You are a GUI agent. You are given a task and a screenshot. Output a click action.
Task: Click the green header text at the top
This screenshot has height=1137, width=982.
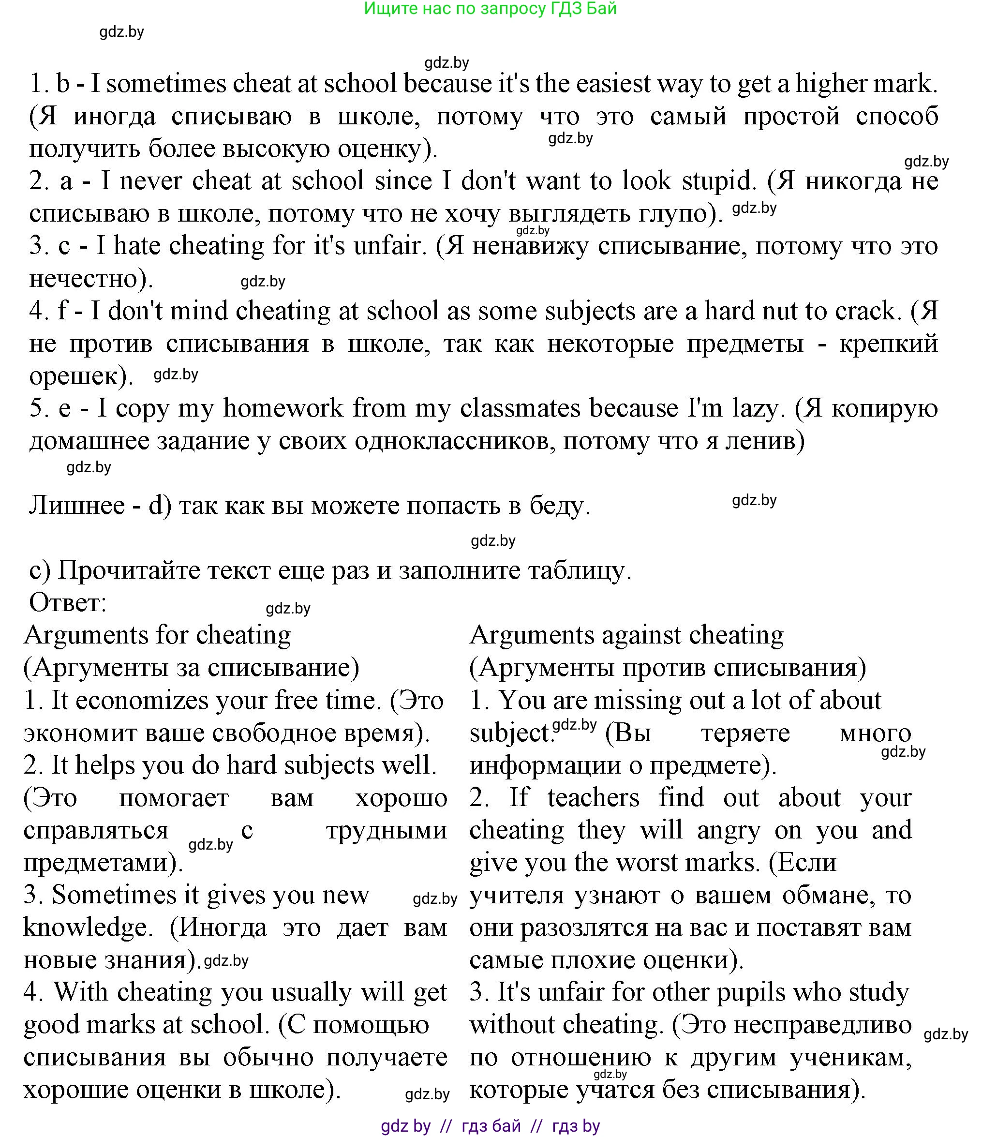pyautogui.click(x=491, y=9)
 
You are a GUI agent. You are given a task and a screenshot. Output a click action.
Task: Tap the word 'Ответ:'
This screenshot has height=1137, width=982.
pyautogui.click(x=67, y=603)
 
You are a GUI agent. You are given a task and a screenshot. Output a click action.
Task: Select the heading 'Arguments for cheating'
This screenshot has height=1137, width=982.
pyautogui.click(x=157, y=635)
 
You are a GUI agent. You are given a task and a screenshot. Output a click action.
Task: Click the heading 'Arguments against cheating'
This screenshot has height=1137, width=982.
pyautogui.click(x=626, y=635)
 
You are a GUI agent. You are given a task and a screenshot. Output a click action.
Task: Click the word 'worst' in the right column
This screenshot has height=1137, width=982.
pyautogui.click(x=647, y=863)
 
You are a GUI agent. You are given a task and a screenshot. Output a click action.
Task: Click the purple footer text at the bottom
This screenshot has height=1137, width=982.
pyautogui.click(x=491, y=1126)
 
